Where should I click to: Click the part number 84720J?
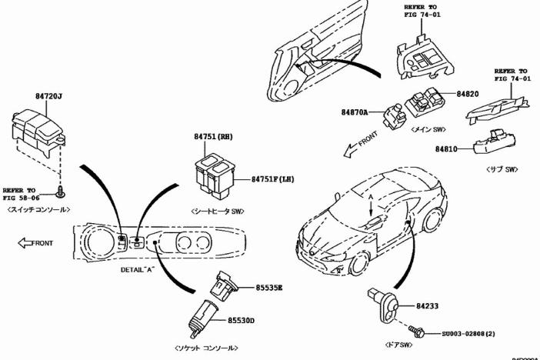(x=48, y=96)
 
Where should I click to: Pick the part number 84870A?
(x=356, y=112)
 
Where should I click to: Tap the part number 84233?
(x=428, y=305)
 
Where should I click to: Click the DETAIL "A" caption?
(x=139, y=271)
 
